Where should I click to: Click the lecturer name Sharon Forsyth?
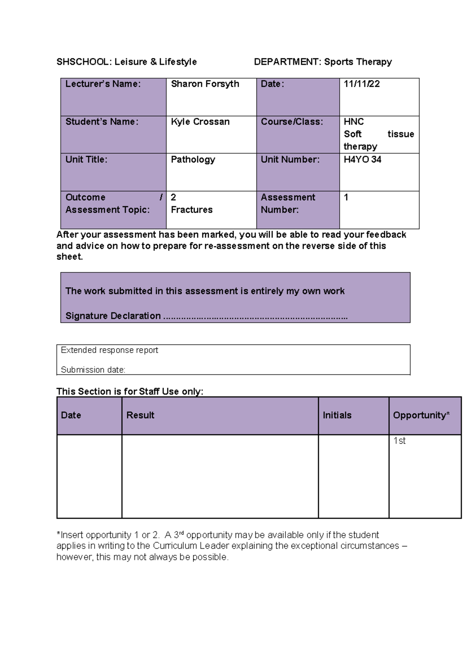tap(205, 84)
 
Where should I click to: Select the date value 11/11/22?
tap(362, 84)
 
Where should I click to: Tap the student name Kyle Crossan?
tap(200, 122)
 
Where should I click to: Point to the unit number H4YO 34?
tap(362, 160)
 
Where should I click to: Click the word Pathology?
tap(193, 160)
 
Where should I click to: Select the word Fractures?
tap(191, 210)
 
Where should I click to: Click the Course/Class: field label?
tap(291, 122)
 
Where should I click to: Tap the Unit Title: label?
tap(86, 160)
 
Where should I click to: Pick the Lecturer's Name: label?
tap(103, 84)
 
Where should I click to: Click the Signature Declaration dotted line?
tap(255, 317)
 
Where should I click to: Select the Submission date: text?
tap(93, 370)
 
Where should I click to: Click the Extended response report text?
tap(109, 350)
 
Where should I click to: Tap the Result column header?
tap(140, 415)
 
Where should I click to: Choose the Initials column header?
tap(337, 415)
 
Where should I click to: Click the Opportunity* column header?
tap(421, 415)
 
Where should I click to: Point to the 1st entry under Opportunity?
tap(399, 441)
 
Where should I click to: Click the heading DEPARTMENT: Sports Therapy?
tap(323, 62)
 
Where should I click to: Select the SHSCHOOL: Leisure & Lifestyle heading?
tap(126, 62)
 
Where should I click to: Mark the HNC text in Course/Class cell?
tap(353, 122)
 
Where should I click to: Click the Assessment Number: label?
tap(288, 204)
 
